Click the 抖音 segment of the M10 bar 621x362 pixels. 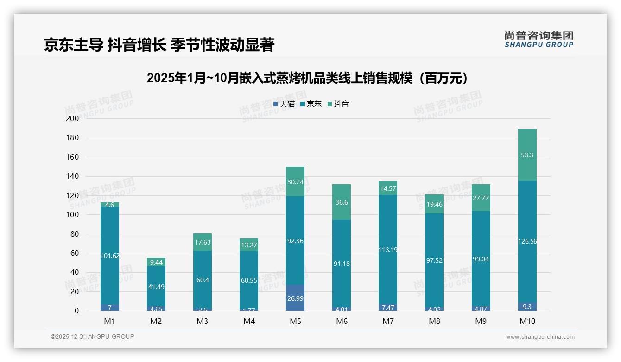[527, 155]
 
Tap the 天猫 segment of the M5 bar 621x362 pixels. [295, 298]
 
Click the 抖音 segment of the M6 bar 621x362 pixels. [342, 202]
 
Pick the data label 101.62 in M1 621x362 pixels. [110, 256]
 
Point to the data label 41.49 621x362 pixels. [156, 287]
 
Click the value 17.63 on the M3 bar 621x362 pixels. [203, 242]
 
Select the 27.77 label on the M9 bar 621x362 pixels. [481, 198]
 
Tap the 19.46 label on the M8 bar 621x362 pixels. [434, 204]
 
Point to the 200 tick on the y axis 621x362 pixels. [73, 119]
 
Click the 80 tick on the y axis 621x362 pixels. [74, 234]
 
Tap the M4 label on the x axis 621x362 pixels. [249, 321]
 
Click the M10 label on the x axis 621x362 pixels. [527, 321]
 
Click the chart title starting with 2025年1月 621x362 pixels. [307, 78]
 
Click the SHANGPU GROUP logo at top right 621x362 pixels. [539, 39]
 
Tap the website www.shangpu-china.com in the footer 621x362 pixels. [540, 337]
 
